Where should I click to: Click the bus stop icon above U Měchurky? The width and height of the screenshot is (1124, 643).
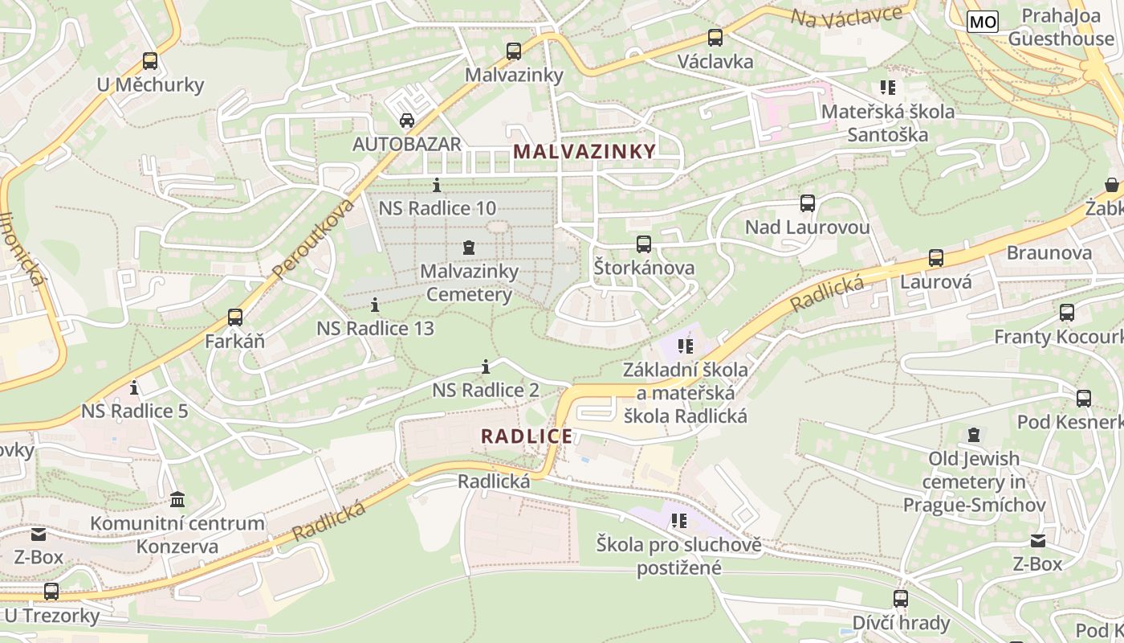click(149, 60)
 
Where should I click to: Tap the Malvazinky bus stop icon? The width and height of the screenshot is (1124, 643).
click(514, 51)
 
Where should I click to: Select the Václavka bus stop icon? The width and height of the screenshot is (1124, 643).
click(715, 37)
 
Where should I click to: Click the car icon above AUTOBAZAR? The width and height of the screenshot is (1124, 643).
click(407, 121)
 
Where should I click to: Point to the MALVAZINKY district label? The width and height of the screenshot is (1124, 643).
click(584, 151)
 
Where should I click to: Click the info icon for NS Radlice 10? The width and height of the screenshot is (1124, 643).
click(437, 185)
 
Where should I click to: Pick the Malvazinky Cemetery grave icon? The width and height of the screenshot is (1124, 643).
click(469, 248)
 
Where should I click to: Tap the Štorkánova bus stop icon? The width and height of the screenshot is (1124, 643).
click(643, 244)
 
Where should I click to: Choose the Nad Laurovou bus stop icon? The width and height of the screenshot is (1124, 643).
click(807, 203)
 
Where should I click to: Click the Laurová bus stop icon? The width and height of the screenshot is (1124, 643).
click(935, 258)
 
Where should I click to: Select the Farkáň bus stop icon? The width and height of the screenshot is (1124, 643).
click(234, 317)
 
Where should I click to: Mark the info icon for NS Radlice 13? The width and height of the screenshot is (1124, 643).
click(375, 305)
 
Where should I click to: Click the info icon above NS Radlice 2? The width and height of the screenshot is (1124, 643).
click(485, 367)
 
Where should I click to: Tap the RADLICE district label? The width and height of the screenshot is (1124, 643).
click(527, 436)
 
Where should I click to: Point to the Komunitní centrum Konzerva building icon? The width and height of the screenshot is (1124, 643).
click(177, 500)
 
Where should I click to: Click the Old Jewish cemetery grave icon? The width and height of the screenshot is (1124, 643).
click(973, 435)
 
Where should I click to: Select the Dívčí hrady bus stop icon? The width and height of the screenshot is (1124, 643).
click(900, 599)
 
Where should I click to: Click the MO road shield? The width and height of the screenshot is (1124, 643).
click(982, 22)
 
